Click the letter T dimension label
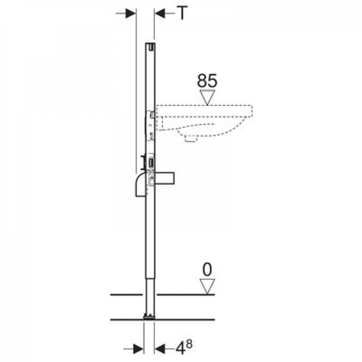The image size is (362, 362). [x=182, y=13]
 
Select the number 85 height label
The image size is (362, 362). [x=207, y=81]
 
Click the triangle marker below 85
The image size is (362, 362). [x=207, y=97]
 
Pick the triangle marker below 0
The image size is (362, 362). [x=207, y=286]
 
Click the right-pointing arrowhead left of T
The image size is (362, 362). [x=130, y=13]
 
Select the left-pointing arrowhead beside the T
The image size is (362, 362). [x=160, y=13]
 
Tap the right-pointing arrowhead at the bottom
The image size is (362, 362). [x=138, y=349]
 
